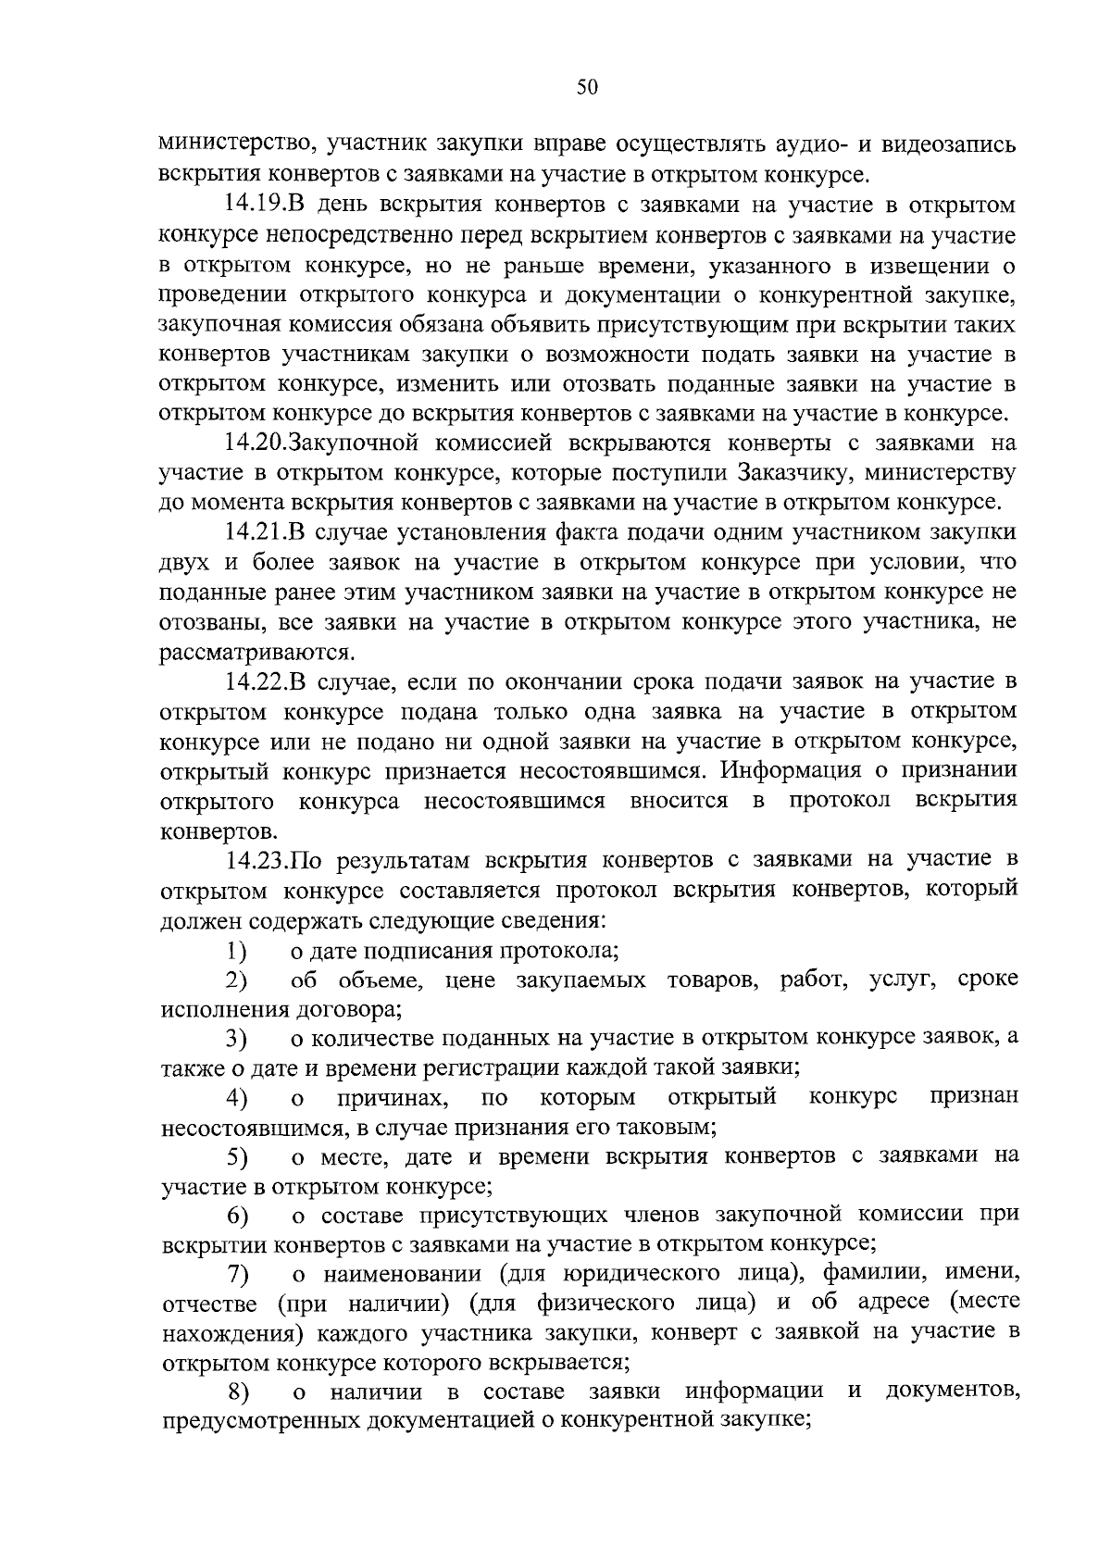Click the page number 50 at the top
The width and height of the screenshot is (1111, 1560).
587,87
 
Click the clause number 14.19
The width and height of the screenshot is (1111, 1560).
257,205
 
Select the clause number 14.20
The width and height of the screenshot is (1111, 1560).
257,443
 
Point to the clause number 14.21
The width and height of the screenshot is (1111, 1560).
257,532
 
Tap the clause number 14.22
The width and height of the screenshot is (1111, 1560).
257,682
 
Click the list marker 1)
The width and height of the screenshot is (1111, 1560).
238,951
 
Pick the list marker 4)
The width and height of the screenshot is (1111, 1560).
238,1099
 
